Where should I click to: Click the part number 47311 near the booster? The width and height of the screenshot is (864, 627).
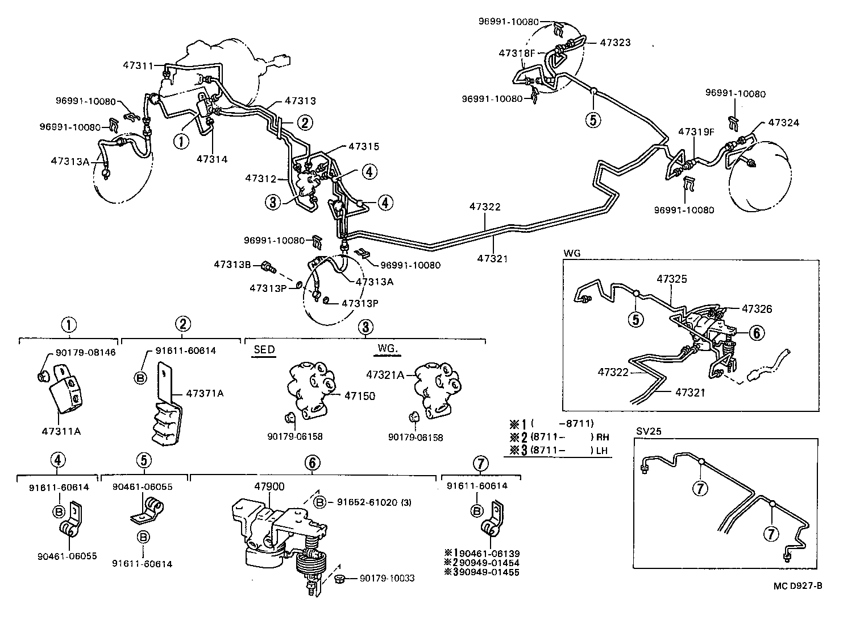click(138, 65)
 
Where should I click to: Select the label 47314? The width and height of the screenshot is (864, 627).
click(212, 159)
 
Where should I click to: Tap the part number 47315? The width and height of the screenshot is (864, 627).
click(364, 146)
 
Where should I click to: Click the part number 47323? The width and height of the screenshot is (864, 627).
click(615, 42)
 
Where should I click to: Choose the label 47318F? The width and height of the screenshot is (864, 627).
click(517, 53)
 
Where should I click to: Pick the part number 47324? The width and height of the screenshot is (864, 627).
click(783, 122)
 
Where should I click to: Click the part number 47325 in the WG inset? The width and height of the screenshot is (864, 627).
click(672, 279)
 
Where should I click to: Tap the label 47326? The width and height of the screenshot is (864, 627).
click(757, 309)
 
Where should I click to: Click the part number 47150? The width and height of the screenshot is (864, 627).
click(359, 396)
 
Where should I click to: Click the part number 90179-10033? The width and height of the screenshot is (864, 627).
click(387, 579)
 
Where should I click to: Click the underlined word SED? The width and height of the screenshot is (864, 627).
click(264, 349)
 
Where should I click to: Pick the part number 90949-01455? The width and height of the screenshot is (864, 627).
click(488, 572)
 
